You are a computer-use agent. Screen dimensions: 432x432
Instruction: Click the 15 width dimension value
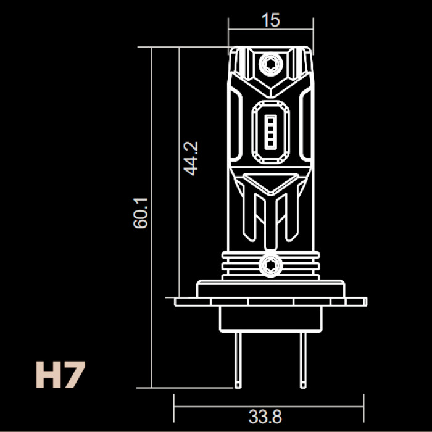[x=271, y=20]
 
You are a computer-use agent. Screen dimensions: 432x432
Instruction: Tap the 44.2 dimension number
[x=191, y=159]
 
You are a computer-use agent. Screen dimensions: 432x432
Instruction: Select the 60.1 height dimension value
[x=141, y=213]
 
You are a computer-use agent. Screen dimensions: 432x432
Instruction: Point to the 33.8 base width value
[x=265, y=417]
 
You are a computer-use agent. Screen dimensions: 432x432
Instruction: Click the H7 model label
[x=60, y=375]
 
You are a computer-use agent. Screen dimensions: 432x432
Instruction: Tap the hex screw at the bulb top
[x=270, y=64]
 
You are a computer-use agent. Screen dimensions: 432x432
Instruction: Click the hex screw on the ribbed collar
[x=270, y=265]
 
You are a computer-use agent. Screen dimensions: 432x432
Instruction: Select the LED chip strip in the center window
[x=270, y=132]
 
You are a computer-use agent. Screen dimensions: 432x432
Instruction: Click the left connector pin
[x=238, y=360]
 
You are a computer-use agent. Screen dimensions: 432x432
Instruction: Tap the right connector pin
[x=303, y=360]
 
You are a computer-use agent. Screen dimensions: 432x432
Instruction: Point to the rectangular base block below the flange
[x=271, y=319]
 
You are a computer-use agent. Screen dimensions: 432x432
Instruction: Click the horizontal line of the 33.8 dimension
[x=269, y=406]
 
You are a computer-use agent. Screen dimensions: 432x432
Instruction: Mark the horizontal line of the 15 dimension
[x=271, y=29]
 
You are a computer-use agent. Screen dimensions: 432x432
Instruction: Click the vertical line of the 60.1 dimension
[x=151, y=217]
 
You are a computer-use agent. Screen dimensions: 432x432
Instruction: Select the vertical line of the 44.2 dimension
[x=179, y=172]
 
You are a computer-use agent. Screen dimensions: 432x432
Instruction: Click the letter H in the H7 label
[x=48, y=375]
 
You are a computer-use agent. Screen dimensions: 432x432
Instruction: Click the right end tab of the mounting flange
[x=357, y=302]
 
